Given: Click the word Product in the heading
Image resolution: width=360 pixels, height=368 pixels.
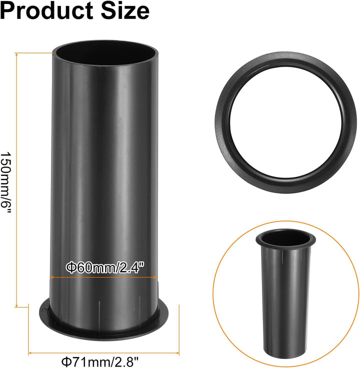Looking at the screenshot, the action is pos(46,10).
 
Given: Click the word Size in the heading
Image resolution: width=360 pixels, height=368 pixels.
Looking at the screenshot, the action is pos(125,10).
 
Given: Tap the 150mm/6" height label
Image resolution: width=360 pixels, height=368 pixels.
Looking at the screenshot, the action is pos(5,182).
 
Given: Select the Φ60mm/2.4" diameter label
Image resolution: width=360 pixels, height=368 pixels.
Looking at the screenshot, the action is pos(104,268).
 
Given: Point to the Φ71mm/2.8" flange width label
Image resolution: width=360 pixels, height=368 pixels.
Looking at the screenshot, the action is pos(100,361).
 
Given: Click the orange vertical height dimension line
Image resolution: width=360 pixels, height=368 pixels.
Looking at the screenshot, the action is pos(16,180).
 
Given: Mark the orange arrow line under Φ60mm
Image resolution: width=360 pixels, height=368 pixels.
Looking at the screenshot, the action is pos(103,277).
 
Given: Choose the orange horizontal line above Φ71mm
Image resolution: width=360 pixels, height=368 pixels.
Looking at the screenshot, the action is pos(103,352).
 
